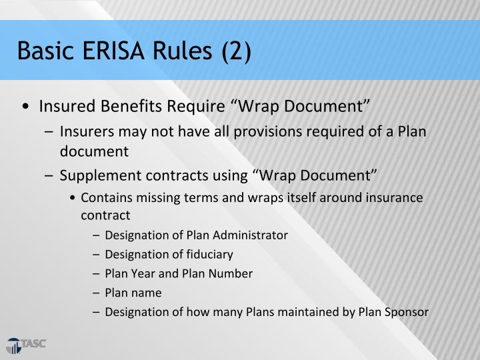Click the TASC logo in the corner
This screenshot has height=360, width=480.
(26, 345)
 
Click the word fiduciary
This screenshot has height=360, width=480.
(209, 254)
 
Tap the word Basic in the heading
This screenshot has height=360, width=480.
(41, 51)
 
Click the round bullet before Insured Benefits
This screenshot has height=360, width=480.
(25, 107)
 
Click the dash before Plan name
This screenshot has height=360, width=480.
(97, 293)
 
